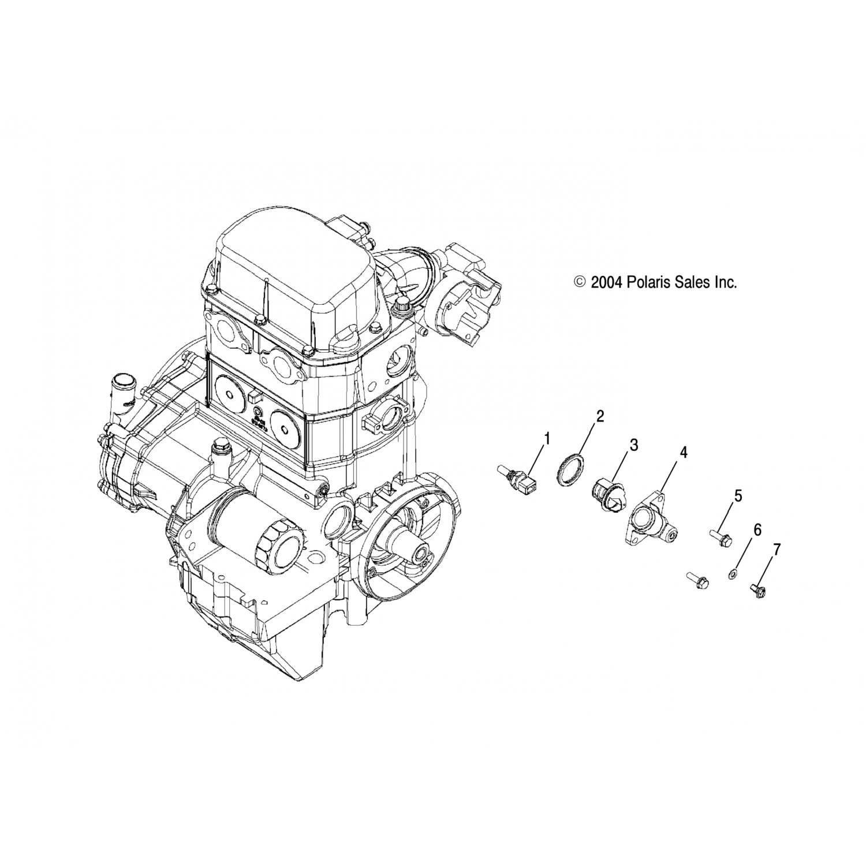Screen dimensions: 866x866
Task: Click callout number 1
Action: click(546, 439)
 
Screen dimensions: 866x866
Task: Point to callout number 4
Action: click(684, 453)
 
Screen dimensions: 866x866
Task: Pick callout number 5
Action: click(738, 496)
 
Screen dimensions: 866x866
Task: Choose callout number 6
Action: click(757, 529)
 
